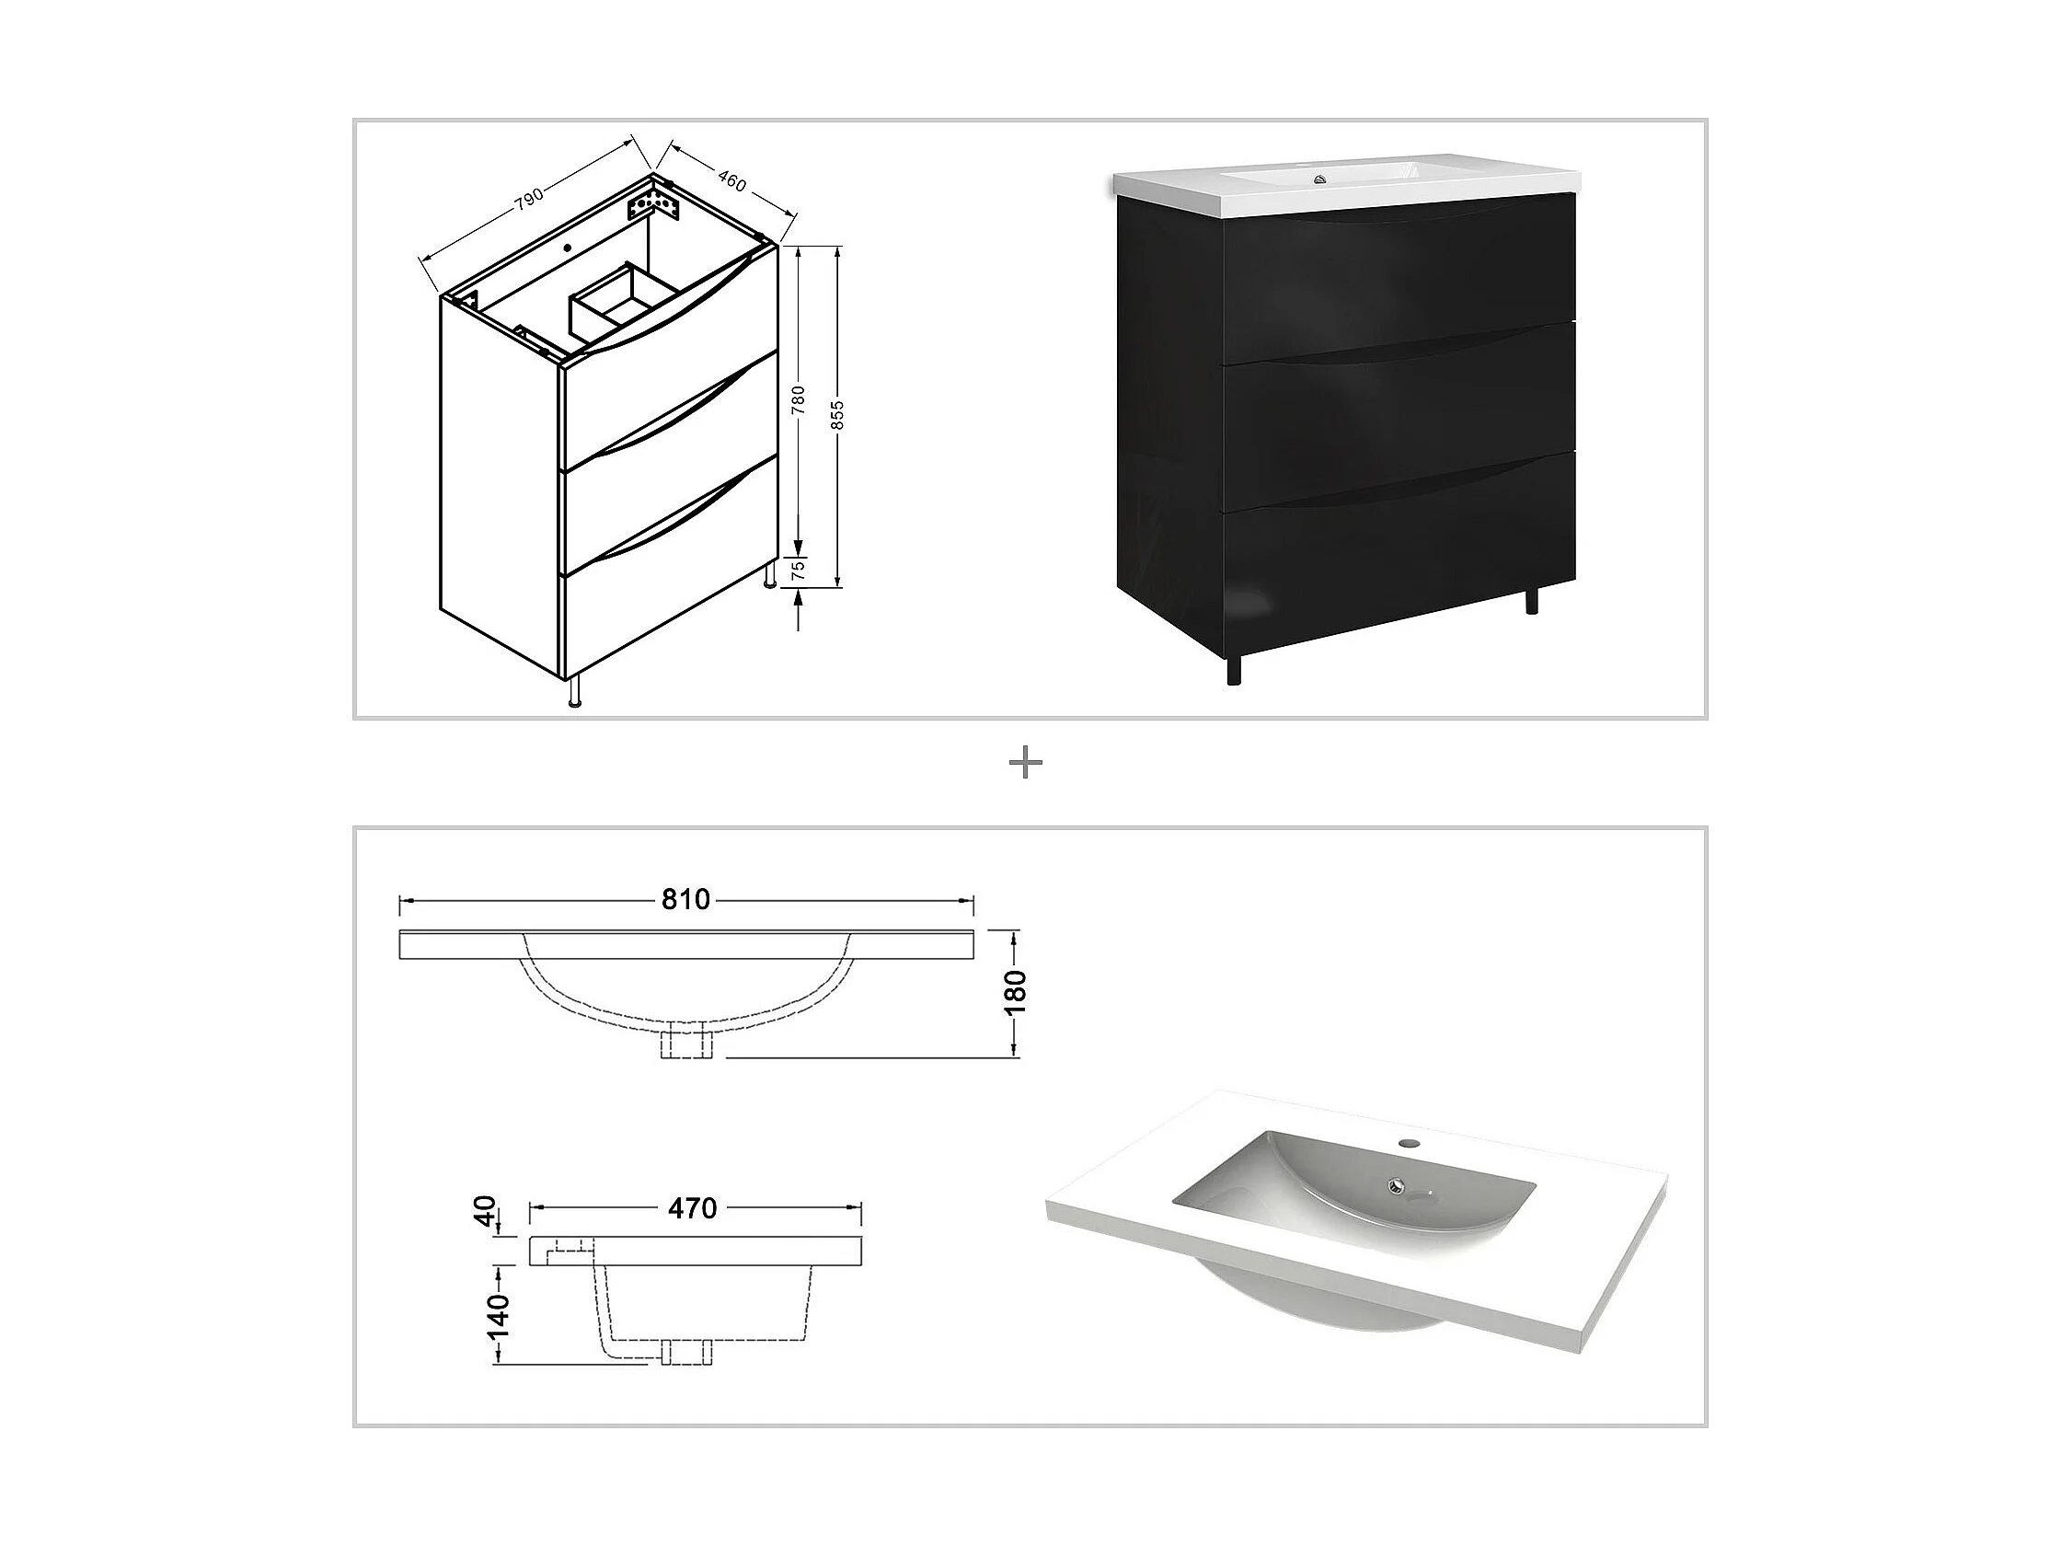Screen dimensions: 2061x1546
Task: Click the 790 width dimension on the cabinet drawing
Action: click(529, 199)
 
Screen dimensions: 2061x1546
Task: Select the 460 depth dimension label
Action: click(731, 182)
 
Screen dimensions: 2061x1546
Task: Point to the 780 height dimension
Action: click(799, 399)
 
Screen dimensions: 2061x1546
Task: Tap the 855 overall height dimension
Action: click(837, 415)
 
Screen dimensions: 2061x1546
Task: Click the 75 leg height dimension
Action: click(799, 571)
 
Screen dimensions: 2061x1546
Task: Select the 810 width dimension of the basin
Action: click(685, 899)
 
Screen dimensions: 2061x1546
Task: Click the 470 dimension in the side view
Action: click(693, 1207)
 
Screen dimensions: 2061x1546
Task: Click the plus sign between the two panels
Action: click(1026, 764)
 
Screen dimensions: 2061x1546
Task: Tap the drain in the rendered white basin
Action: click(1395, 1185)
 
